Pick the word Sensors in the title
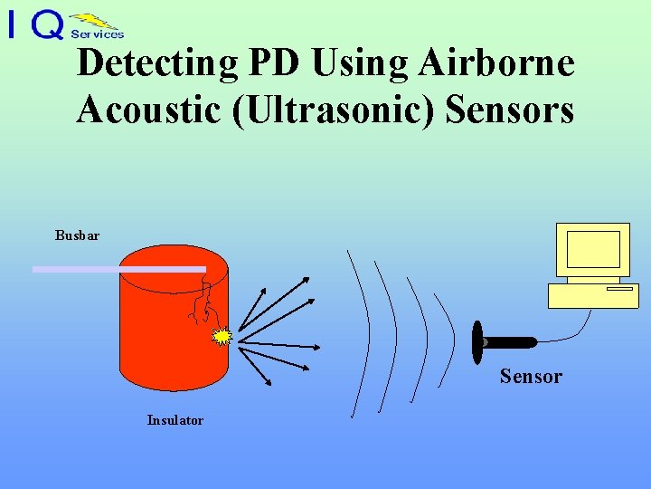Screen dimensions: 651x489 coord(511,110)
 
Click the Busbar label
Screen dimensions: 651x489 coord(77,235)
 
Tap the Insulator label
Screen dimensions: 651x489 coord(175,420)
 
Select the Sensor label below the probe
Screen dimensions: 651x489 coord(531,377)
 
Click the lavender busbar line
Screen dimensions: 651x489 coord(118,269)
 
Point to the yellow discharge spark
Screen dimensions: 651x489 coord(222,337)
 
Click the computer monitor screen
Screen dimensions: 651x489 coord(592,250)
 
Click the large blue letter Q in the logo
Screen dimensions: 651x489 coord(47,24)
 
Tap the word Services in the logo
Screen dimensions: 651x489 coord(97,34)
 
